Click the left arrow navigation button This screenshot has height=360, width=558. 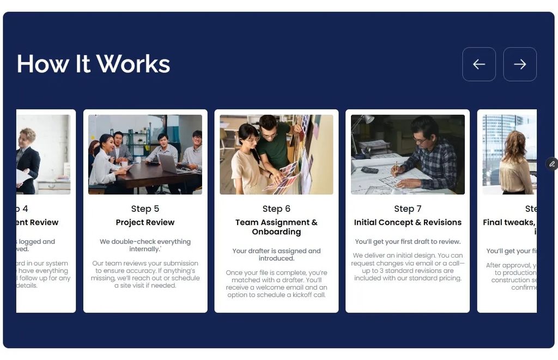click(x=479, y=64)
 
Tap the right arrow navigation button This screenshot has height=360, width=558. click(x=520, y=64)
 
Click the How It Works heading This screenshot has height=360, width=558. click(x=93, y=64)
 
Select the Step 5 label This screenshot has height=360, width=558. click(x=145, y=209)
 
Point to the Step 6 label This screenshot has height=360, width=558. click(x=276, y=209)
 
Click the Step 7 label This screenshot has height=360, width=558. click(x=408, y=209)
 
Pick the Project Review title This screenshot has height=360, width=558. click(x=145, y=222)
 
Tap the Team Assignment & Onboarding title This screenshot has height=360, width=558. click(x=276, y=227)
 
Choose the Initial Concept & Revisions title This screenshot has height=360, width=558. click(x=408, y=222)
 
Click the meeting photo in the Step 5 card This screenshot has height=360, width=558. click(x=145, y=154)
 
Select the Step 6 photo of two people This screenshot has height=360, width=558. click(x=276, y=154)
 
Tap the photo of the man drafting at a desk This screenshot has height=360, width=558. click(x=408, y=154)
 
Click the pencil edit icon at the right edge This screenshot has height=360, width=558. click(x=552, y=164)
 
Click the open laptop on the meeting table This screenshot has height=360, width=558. click(x=168, y=163)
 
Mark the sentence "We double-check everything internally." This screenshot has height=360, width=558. click(x=145, y=245)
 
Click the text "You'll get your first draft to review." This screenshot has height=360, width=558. click(x=408, y=241)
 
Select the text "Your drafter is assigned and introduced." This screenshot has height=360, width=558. click(x=276, y=254)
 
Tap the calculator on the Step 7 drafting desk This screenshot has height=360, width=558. click(x=370, y=170)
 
